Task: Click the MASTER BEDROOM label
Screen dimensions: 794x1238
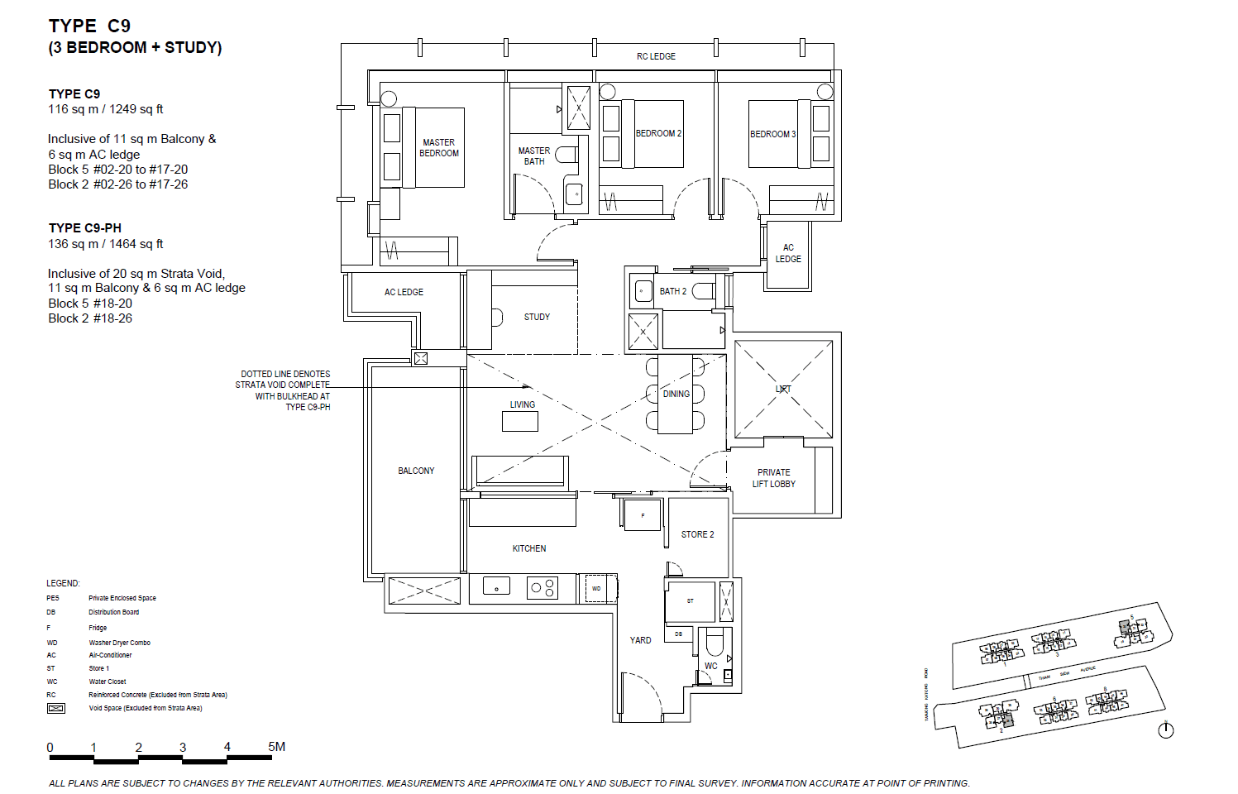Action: click(x=438, y=148)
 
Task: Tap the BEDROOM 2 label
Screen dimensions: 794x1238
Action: click(x=658, y=133)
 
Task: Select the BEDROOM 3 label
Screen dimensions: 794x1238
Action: click(x=772, y=134)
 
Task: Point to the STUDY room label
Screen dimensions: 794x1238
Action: click(x=537, y=317)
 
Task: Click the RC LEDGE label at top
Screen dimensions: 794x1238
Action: click(x=656, y=56)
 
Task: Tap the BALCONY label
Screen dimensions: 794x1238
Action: click(x=416, y=471)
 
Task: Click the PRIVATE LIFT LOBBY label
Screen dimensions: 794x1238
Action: click(x=773, y=478)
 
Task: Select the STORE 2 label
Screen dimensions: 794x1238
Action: click(x=697, y=534)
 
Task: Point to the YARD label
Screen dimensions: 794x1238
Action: click(x=640, y=640)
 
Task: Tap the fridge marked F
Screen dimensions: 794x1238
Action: click(x=643, y=515)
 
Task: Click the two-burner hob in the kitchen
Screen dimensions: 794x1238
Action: click(x=543, y=588)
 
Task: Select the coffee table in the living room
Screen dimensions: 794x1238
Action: click(x=520, y=421)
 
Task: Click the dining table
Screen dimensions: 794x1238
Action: click(x=675, y=394)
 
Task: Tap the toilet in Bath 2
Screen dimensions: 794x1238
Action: click(x=703, y=291)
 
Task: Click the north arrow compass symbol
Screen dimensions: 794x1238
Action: click(x=1166, y=729)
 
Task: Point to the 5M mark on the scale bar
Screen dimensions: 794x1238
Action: click(x=276, y=747)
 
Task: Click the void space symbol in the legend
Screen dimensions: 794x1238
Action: click(x=56, y=708)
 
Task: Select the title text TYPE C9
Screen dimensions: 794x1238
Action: click(x=89, y=26)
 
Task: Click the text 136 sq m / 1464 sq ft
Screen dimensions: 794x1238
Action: click(x=106, y=244)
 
